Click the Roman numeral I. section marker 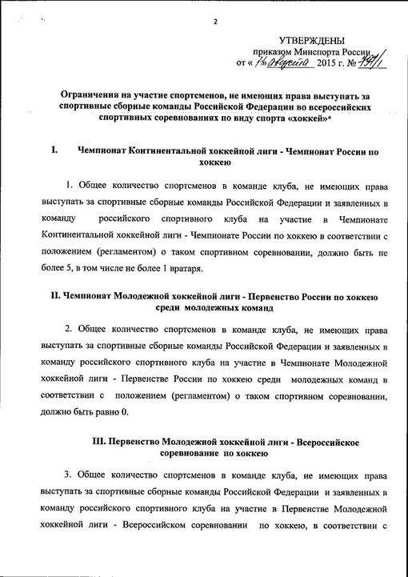[53, 150]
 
